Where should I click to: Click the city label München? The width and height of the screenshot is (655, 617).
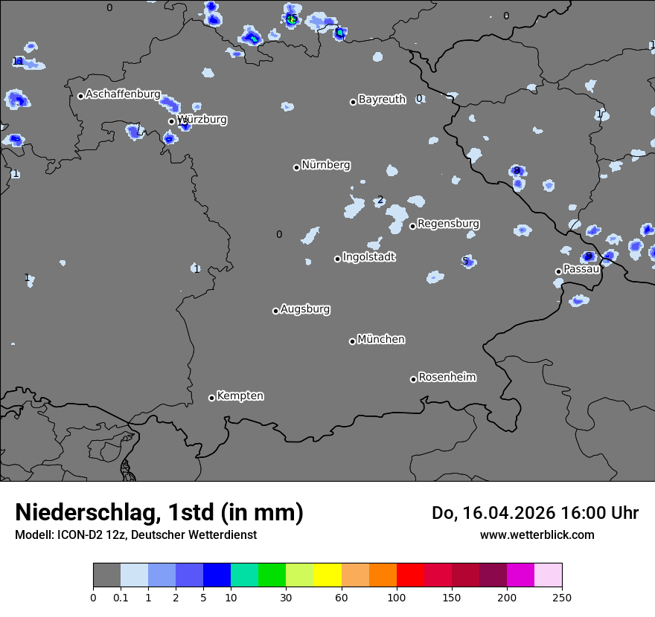(381, 340)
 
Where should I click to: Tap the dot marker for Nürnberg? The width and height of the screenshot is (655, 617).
(296, 167)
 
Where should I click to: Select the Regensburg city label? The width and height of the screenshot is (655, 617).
(448, 224)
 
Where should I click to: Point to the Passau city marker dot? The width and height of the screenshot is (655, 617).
(558, 271)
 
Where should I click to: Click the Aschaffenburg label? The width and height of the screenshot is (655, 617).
(123, 94)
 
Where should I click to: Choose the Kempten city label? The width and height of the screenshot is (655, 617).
(240, 396)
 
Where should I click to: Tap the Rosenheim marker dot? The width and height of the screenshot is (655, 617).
(413, 380)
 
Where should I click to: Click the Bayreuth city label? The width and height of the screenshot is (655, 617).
(382, 100)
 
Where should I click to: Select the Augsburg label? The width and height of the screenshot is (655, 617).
(305, 309)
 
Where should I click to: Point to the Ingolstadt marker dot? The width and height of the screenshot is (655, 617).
(337, 259)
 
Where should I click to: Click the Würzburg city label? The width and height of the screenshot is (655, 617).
(202, 120)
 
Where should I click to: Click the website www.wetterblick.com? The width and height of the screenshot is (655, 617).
(537, 534)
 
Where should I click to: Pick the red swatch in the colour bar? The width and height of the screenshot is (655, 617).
(410, 575)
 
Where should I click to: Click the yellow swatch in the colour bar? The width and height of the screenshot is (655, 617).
(327, 575)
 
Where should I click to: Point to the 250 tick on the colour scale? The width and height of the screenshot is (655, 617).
(562, 598)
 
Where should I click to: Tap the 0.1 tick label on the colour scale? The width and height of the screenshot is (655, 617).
(121, 598)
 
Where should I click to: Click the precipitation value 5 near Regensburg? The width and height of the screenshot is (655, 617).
(465, 261)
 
